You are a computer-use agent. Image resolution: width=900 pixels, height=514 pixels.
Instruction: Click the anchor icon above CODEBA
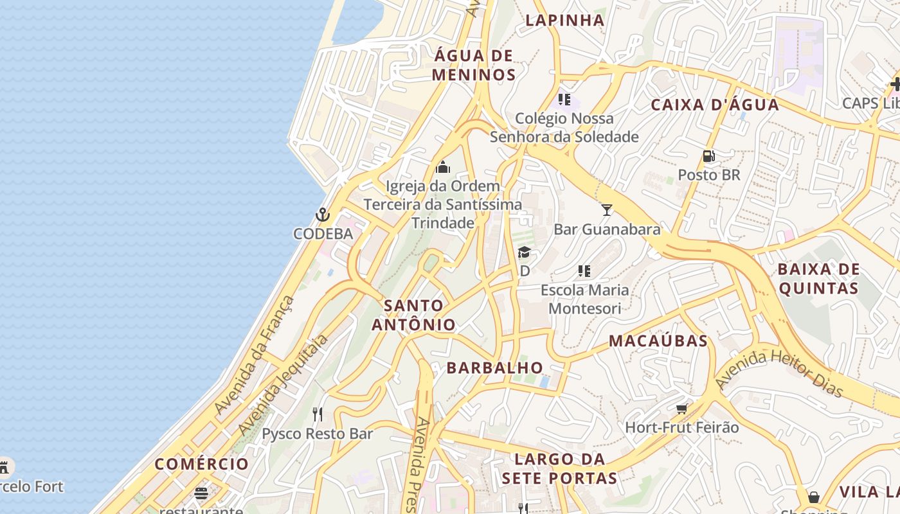click(x=322, y=215)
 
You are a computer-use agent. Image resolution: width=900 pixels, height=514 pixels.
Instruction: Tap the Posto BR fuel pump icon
click(x=709, y=155)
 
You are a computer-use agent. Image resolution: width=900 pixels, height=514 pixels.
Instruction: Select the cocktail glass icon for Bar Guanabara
click(x=606, y=209)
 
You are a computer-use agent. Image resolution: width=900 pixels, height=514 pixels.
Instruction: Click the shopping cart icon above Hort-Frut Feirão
click(x=682, y=408)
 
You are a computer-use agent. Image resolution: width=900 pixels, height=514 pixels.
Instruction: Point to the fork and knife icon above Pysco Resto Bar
click(x=317, y=414)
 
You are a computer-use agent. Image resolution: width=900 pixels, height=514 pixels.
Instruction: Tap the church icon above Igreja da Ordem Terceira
click(x=442, y=167)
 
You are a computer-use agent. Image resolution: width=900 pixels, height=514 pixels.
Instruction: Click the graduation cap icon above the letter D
click(x=524, y=252)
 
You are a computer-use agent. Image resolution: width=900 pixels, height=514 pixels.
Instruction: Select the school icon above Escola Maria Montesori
click(x=584, y=271)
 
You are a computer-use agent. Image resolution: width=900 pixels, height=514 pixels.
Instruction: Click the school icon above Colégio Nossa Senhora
click(x=564, y=99)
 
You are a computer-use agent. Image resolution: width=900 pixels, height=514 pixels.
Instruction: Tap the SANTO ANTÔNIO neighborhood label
click(x=414, y=315)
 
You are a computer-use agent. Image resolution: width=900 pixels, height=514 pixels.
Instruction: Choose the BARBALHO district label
click(x=495, y=368)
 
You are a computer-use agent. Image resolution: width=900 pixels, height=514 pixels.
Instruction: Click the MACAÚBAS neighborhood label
click(x=658, y=341)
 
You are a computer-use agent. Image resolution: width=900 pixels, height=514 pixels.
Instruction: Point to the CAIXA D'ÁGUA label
click(x=715, y=105)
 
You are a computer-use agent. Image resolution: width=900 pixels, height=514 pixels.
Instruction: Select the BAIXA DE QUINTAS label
click(x=818, y=278)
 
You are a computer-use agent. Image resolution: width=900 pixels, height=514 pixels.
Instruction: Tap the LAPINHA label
click(x=565, y=20)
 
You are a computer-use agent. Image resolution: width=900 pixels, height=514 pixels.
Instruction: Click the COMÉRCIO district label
click(x=202, y=464)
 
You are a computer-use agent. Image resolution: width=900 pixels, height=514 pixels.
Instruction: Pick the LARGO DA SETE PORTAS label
click(x=560, y=468)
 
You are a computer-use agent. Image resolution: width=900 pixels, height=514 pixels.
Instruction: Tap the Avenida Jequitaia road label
click(x=283, y=384)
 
